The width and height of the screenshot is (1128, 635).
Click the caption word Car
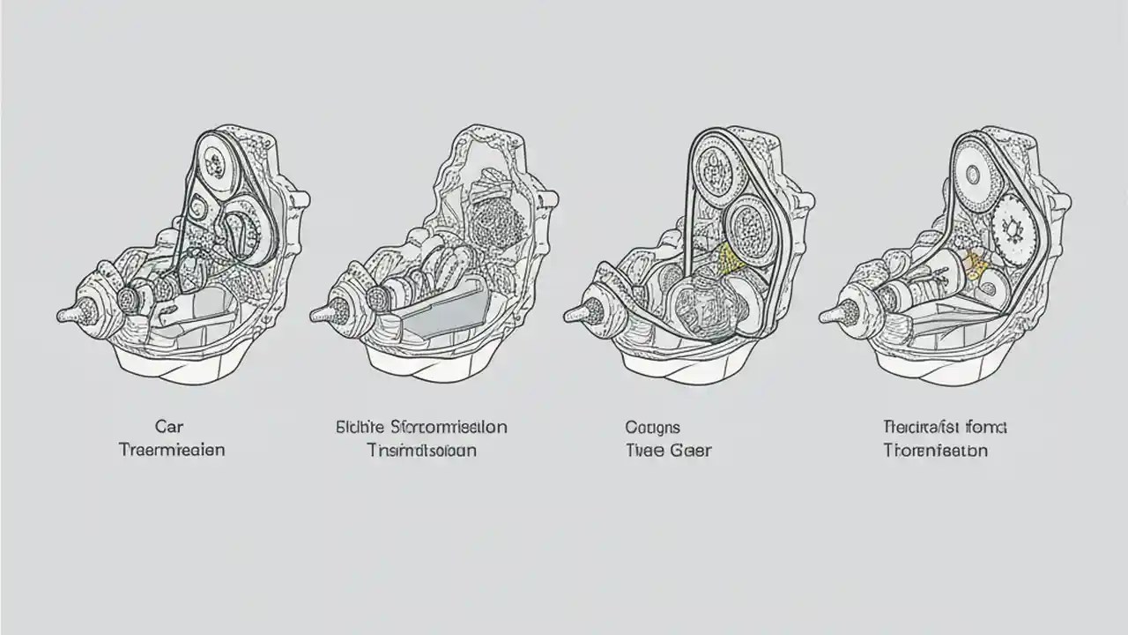tap(168, 427)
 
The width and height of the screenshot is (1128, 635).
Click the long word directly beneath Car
tap(172, 450)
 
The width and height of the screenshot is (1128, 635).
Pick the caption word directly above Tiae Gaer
tap(652, 427)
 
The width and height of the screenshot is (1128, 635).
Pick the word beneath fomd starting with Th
tap(935, 450)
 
